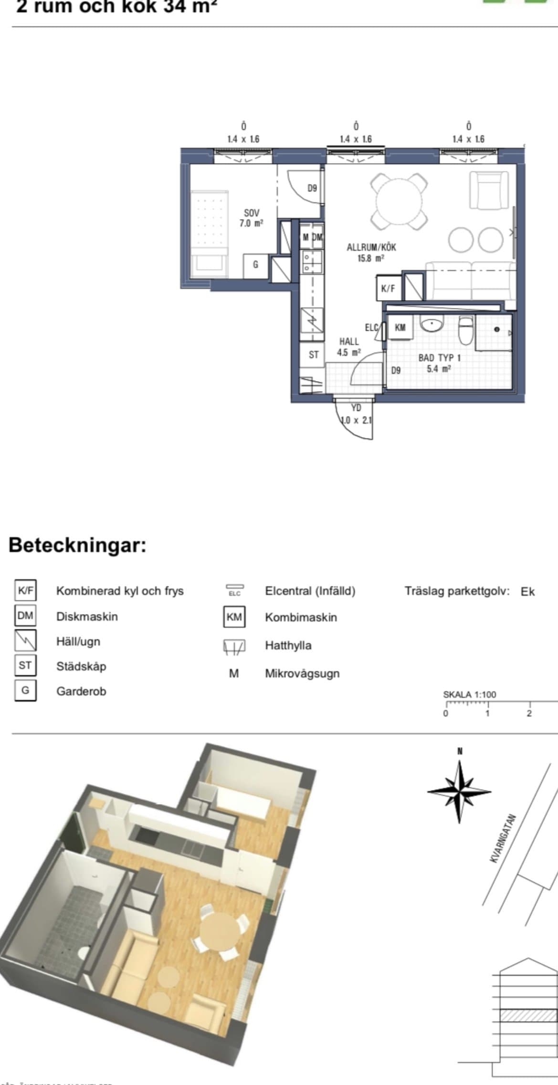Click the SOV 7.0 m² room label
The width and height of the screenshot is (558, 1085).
tap(251, 218)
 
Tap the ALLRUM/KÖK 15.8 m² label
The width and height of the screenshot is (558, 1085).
tap(371, 252)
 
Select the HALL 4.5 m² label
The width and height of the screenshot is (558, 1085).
tap(349, 347)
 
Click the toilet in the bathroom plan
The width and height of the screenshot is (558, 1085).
tap(465, 330)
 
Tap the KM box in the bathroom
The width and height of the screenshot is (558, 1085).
tap(400, 327)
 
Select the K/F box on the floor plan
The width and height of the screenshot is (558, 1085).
tap(388, 288)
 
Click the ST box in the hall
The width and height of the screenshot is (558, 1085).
tap(314, 355)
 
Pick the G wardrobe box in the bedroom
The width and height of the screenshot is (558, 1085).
tap(255, 264)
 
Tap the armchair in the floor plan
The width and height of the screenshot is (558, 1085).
tap(489, 190)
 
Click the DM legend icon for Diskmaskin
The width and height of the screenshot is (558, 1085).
tap(25, 616)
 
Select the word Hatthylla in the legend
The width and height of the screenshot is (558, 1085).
tap(288, 646)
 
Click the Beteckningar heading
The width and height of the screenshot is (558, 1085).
tap(77, 544)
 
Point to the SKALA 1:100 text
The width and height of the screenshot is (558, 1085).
tap(469, 694)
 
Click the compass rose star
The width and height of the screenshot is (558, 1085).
tap(459, 792)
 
